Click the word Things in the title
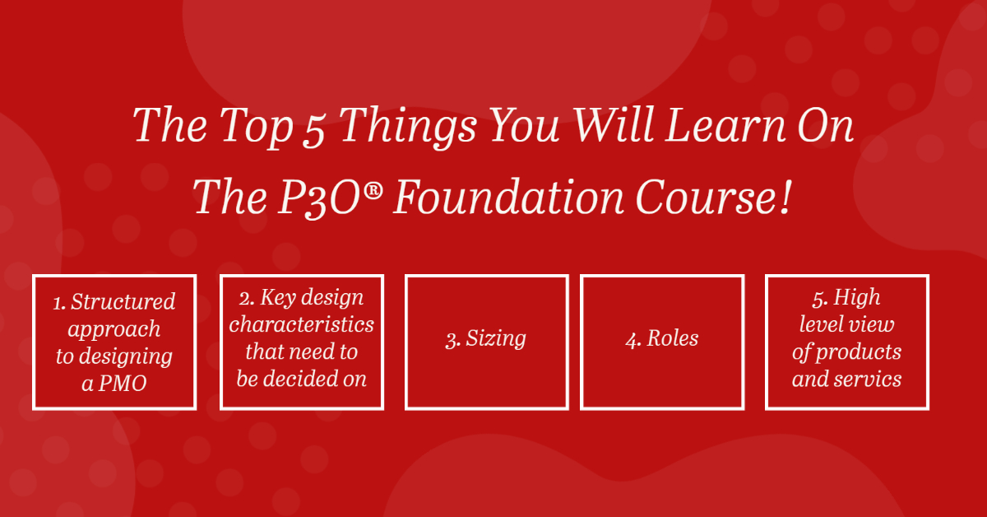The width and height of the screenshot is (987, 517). (x=408, y=126)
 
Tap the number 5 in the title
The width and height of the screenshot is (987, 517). (x=313, y=131)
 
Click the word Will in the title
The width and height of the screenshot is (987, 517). (x=614, y=125)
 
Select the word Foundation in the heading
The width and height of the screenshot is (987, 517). (x=508, y=198)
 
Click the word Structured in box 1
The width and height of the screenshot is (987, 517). (x=123, y=302)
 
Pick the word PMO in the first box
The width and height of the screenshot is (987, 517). (x=123, y=383)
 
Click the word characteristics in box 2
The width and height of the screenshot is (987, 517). (x=301, y=324)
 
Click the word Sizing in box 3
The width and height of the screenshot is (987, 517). (x=496, y=339)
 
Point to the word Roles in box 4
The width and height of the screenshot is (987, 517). (x=673, y=338)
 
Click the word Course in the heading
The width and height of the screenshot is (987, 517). (x=704, y=198)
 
